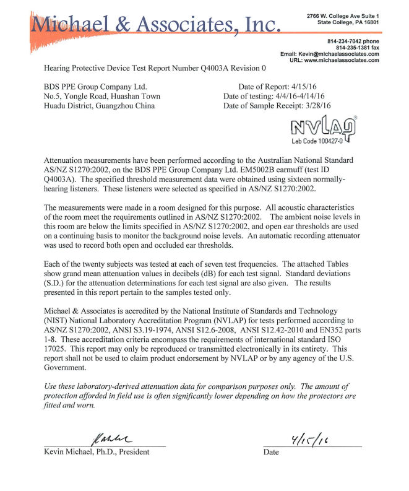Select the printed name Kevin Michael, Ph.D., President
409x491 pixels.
(x=96, y=452)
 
